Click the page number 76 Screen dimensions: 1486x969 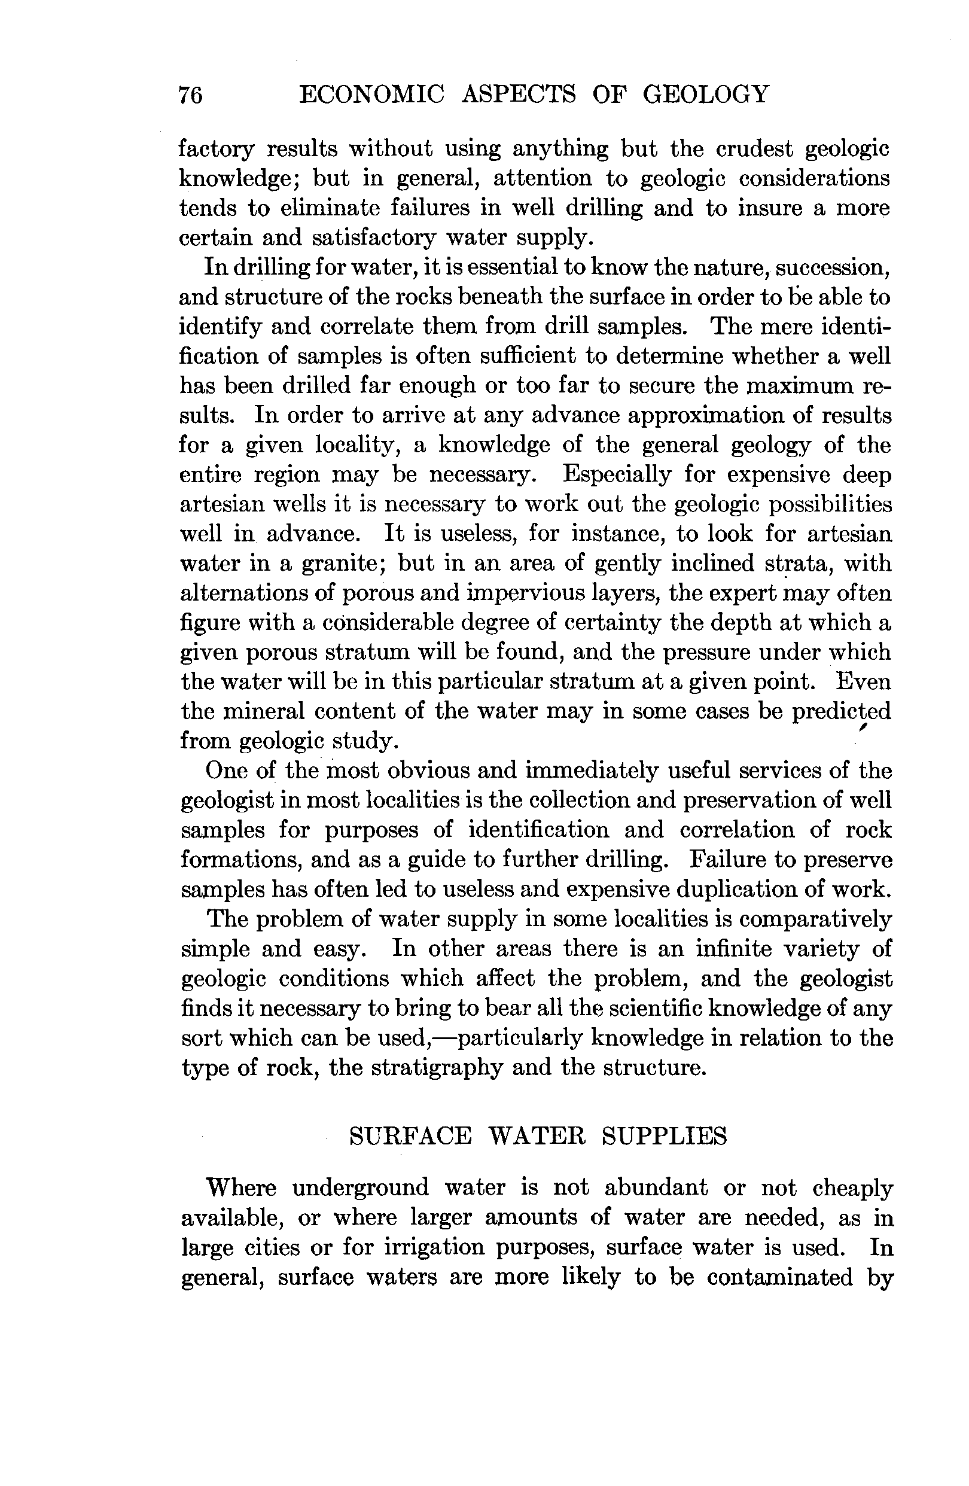(190, 96)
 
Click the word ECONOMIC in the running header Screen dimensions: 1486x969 (372, 95)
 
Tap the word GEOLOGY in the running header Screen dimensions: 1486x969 (706, 95)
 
